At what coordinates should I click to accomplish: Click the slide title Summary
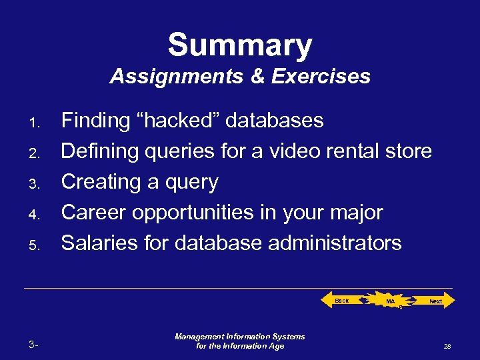[x=240, y=46]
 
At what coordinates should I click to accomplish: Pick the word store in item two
[x=409, y=151]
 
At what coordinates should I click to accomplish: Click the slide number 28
[x=447, y=347]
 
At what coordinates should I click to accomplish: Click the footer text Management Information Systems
[x=240, y=337]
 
